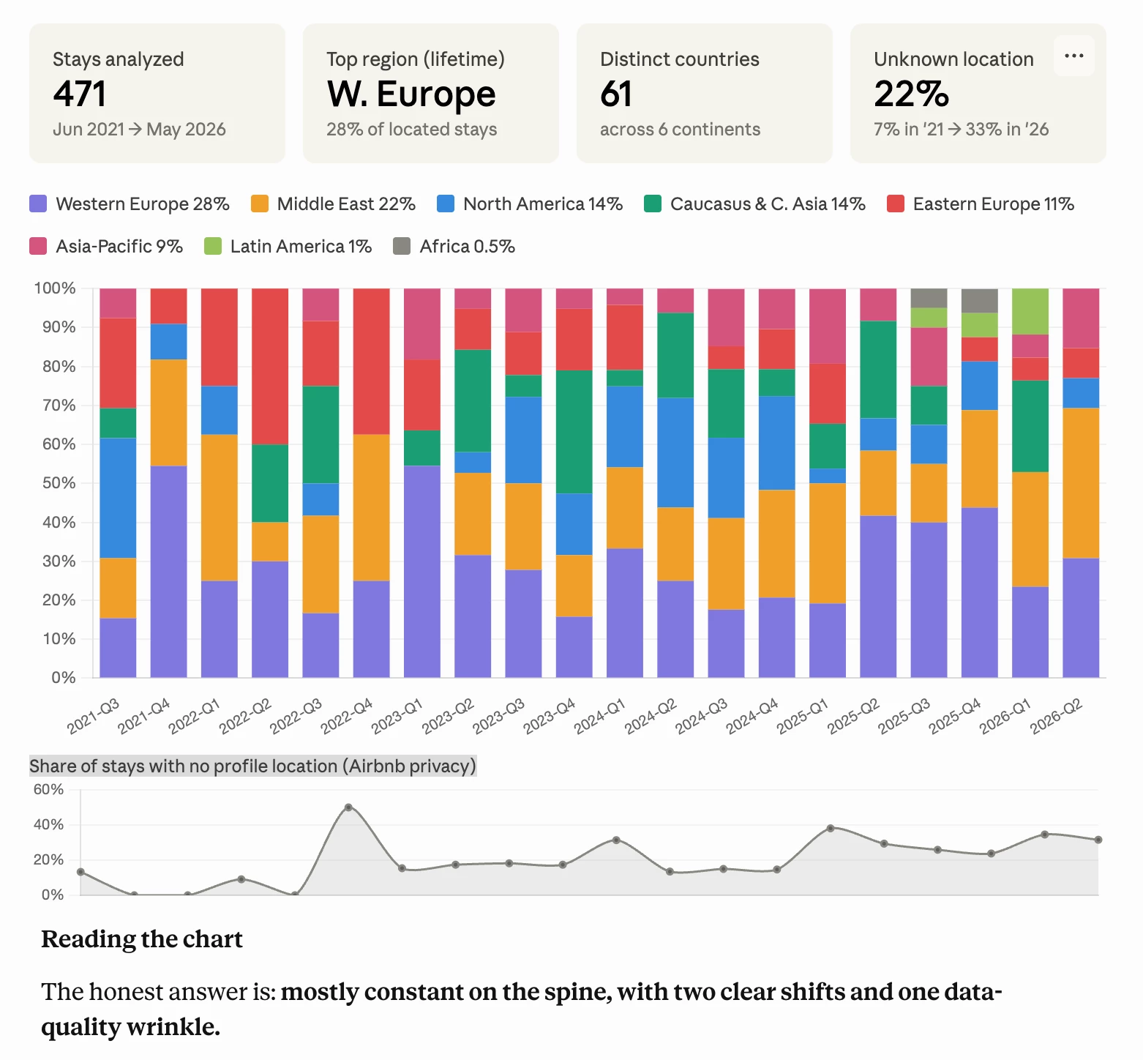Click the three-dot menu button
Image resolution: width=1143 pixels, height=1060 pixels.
click(x=1073, y=56)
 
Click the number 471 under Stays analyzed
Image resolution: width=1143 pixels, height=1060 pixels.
click(x=80, y=94)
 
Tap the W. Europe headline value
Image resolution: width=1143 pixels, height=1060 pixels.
click(x=411, y=94)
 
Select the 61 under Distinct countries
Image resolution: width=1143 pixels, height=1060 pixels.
click(x=616, y=94)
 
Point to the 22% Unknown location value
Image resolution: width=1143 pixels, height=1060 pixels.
click(x=911, y=94)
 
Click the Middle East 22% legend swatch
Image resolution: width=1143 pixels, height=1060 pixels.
click(x=260, y=204)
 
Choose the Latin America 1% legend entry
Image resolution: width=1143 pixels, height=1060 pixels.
click(x=300, y=247)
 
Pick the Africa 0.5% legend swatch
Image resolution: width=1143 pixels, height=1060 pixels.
click(x=402, y=247)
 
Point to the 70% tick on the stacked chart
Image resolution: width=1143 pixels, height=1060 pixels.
click(x=59, y=406)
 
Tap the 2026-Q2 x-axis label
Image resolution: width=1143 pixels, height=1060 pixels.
click(x=1056, y=716)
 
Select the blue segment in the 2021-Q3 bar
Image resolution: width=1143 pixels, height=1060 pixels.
click(x=118, y=498)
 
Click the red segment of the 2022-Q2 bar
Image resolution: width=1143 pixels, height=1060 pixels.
click(x=270, y=366)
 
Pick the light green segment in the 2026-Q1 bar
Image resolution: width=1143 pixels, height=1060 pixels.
click(x=1030, y=311)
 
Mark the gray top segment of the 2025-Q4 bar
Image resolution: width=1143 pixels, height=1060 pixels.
click(x=979, y=300)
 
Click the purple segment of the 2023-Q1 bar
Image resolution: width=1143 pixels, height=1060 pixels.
click(x=422, y=571)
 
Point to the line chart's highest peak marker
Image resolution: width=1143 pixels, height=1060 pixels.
click(x=348, y=807)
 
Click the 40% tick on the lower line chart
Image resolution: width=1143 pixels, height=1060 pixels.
click(x=48, y=825)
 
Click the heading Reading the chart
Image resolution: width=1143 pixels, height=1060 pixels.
click(x=142, y=939)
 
